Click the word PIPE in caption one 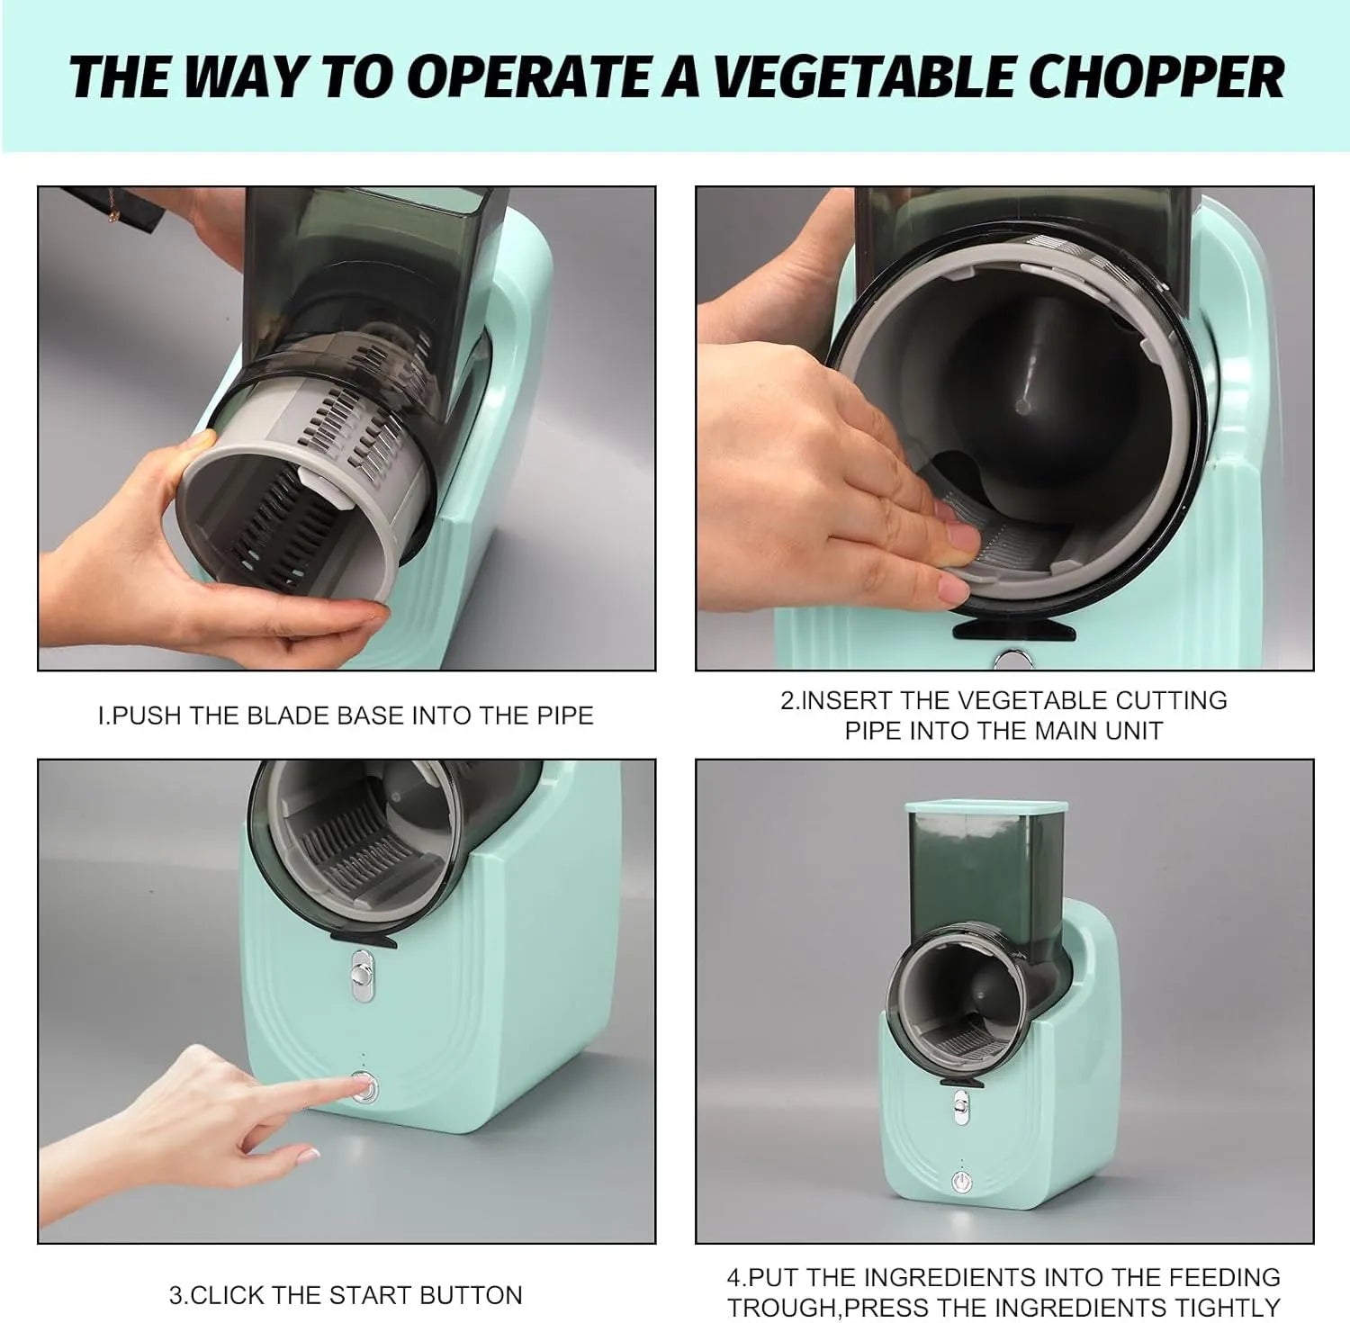pos(564,716)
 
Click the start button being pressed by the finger pos(364,1088)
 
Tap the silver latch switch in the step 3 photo pos(363,976)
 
